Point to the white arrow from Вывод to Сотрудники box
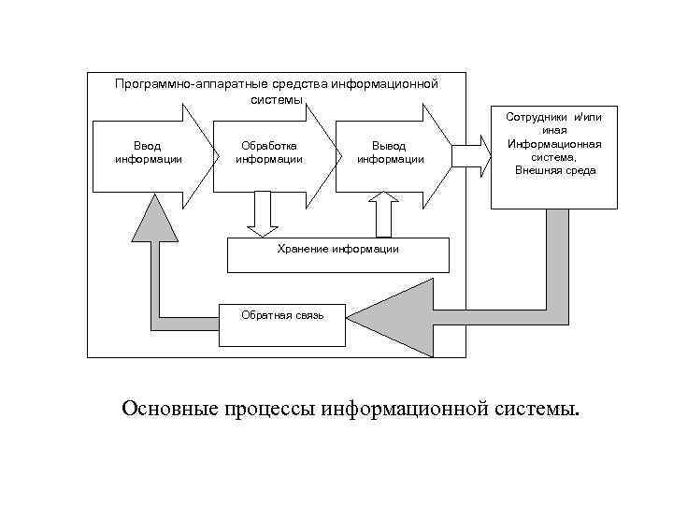tap(471, 153)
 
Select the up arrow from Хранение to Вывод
tap(382, 214)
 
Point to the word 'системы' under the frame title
tap(277, 100)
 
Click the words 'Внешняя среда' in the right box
tap(555, 171)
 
